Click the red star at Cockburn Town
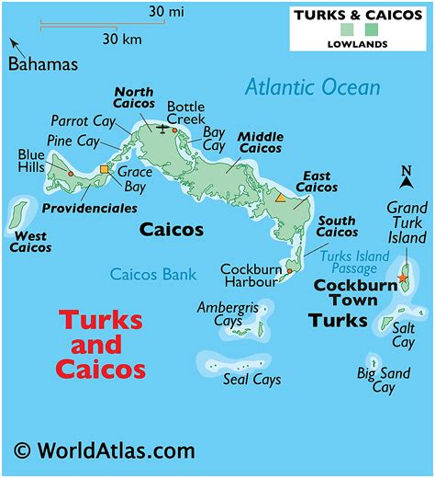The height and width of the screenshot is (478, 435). coord(402,278)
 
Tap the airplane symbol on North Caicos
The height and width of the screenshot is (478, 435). coord(164,128)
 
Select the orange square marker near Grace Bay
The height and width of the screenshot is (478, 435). coord(104,169)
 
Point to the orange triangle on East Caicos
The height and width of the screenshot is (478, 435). coord(280,198)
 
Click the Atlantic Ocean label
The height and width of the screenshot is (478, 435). coord(312,87)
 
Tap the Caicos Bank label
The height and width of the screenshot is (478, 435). coord(153,274)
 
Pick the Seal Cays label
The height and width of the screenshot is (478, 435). coord(251,380)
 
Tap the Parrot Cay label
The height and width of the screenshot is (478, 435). coord(83,120)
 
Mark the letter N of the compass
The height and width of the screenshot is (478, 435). coord(406,171)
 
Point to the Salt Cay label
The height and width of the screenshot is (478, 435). coord(403,335)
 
